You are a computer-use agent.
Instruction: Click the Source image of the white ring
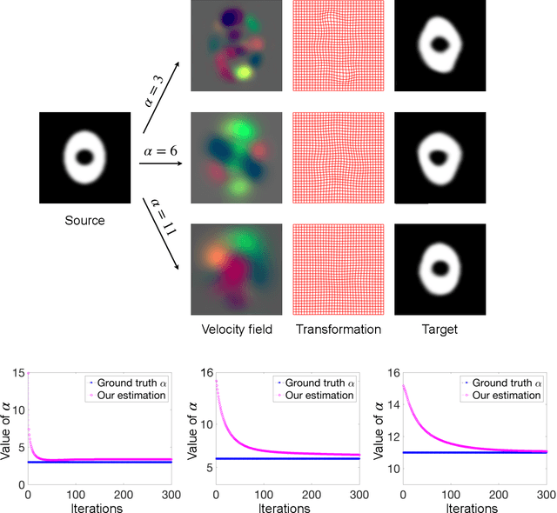point(84,157)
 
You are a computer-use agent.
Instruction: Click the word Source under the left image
point(84,220)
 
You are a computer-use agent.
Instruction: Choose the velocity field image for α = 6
point(237,158)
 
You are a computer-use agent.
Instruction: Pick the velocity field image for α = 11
point(237,268)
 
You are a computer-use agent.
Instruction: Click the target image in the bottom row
point(439,268)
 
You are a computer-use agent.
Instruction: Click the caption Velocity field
point(237,330)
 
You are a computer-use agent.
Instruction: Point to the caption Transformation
point(338,330)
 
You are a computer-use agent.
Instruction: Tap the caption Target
point(439,330)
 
